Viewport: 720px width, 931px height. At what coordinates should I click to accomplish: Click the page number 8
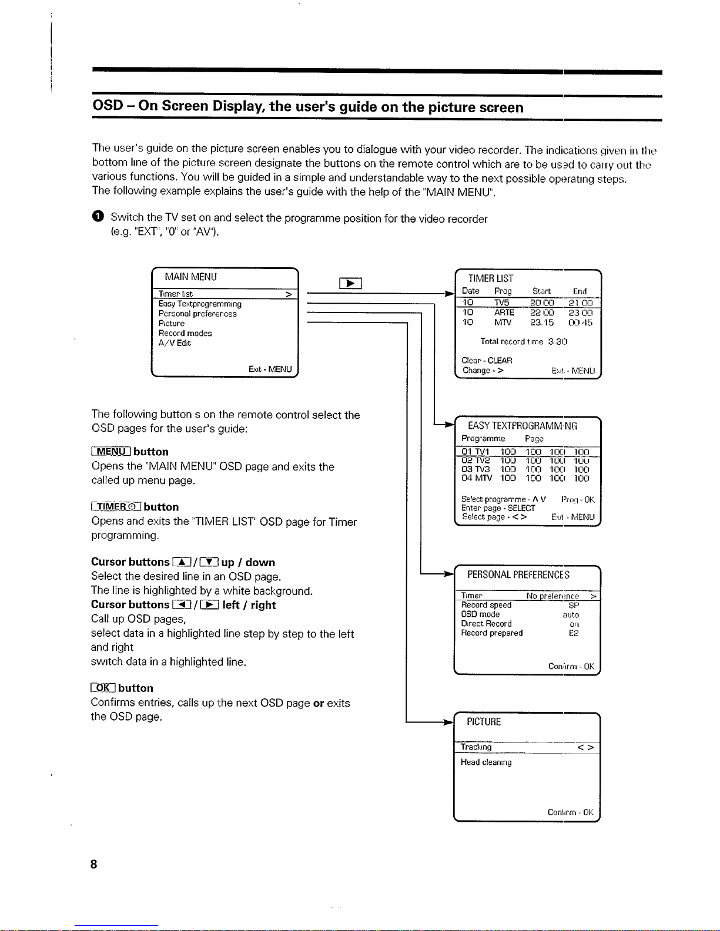pyautogui.click(x=94, y=864)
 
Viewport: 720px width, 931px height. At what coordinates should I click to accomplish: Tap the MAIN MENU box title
pyautogui.click(x=190, y=277)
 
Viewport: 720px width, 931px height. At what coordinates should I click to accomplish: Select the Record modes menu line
pyautogui.click(x=185, y=333)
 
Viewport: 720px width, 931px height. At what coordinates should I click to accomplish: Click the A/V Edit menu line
pyautogui.click(x=175, y=343)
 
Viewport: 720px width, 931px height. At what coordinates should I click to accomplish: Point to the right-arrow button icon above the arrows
pyautogui.click(x=351, y=284)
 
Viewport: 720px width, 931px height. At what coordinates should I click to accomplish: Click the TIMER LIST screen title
pyautogui.click(x=490, y=278)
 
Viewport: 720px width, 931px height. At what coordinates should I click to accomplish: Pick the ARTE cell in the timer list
pyautogui.click(x=504, y=312)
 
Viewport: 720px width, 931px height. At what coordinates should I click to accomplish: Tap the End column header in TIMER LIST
pyautogui.click(x=580, y=291)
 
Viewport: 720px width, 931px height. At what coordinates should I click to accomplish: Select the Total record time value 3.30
pyautogui.click(x=557, y=341)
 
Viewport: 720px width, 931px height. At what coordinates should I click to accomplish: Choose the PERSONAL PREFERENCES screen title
pyautogui.click(x=518, y=574)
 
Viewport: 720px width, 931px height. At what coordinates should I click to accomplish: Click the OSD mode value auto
pyautogui.click(x=571, y=614)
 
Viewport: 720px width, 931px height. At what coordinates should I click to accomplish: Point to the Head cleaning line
pyautogui.click(x=486, y=762)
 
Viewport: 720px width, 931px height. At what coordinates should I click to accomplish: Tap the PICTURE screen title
pyautogui.click(x=484, y=722)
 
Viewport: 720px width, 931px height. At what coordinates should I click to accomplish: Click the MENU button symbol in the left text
pyautogui.click(x=110, y=452)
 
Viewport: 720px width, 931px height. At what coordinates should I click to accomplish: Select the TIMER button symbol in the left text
pyautogui.click(x=116, y=507)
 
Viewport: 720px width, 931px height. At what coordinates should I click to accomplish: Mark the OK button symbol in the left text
pyautogui.click(x=103, y=688)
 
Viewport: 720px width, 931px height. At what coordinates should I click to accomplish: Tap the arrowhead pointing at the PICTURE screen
pyautogui.click(x=450, y=722)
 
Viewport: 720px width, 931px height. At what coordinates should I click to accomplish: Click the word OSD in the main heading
pyautogui.click(x=108, y=106)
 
